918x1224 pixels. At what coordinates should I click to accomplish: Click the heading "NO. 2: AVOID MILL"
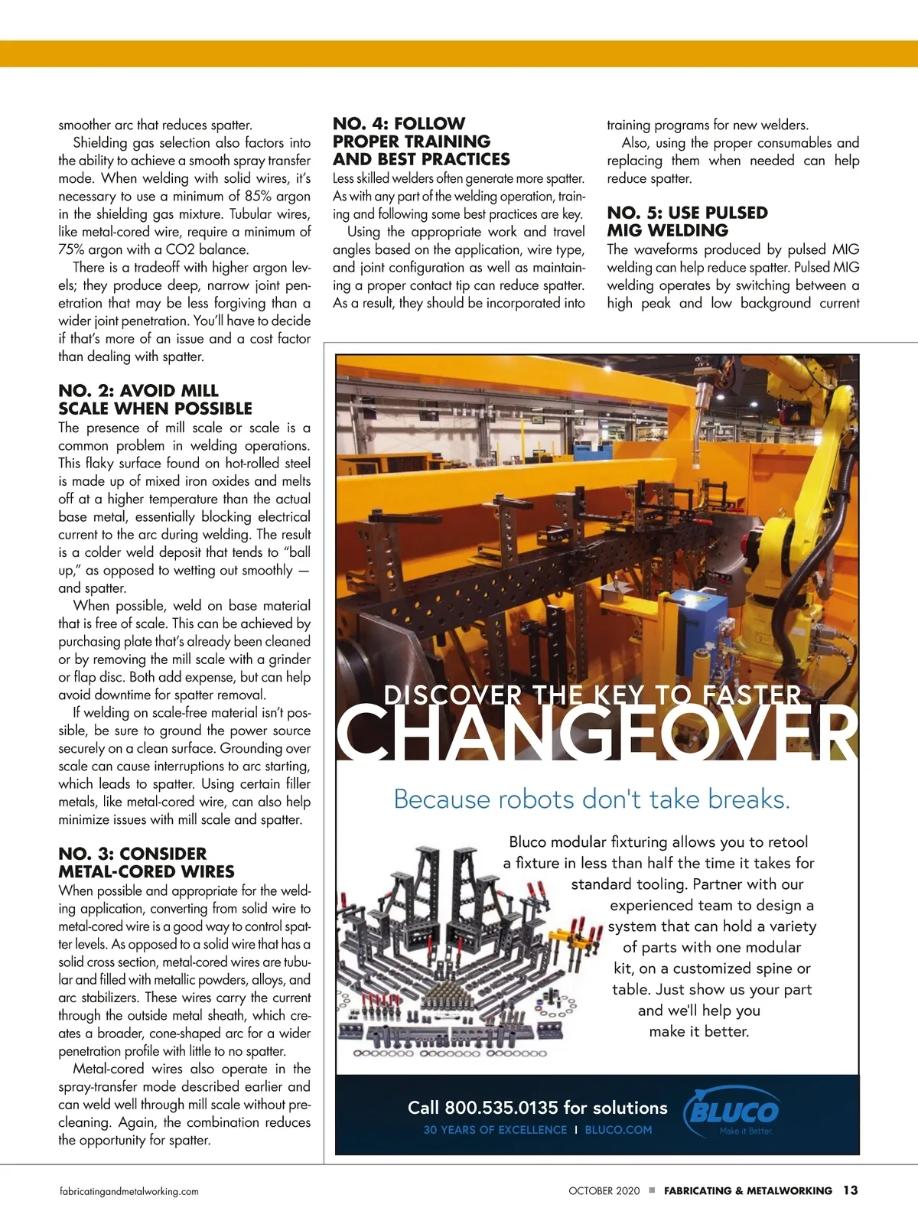point(138,391)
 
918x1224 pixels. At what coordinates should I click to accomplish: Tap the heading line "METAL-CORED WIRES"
point(146,871)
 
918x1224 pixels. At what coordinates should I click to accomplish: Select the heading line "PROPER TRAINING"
point(411,142)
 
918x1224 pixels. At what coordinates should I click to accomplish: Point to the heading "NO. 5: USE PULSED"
point(687,213)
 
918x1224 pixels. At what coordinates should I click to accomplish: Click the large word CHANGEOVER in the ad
point(597,732)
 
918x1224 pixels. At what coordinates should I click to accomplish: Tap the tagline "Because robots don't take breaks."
point(591,799)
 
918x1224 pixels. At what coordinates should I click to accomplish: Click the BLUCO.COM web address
point(618,1130)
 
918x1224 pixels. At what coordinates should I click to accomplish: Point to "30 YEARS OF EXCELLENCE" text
point(495,1130)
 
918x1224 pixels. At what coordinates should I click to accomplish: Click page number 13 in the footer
point(850,1190)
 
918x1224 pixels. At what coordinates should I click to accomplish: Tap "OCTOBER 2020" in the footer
point(604,1191)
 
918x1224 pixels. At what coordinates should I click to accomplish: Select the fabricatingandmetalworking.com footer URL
point(129,1191)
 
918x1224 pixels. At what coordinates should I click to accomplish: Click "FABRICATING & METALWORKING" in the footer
point(747,1191)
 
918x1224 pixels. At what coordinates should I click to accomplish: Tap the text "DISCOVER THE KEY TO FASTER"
point(593,695)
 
